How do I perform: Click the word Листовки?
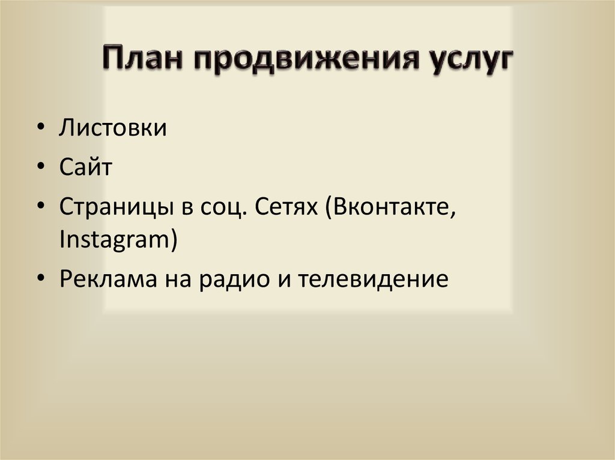click(x=113, y=128)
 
